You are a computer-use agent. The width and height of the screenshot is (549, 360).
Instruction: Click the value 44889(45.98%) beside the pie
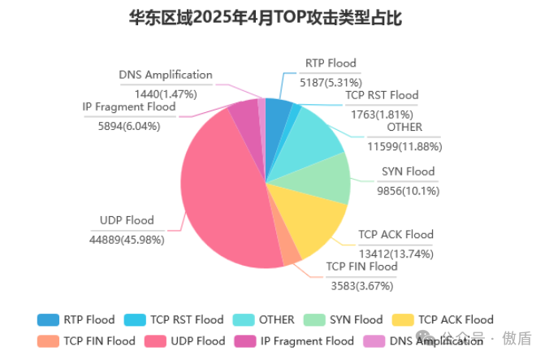(127, 239)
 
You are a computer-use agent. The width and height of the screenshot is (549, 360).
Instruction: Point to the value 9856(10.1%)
(408, 190)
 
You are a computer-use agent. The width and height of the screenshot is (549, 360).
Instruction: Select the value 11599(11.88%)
(404, 146)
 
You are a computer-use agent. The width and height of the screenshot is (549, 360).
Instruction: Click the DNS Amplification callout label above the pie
(166, 76)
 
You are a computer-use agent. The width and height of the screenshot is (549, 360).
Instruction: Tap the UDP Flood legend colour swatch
(156, 340)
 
